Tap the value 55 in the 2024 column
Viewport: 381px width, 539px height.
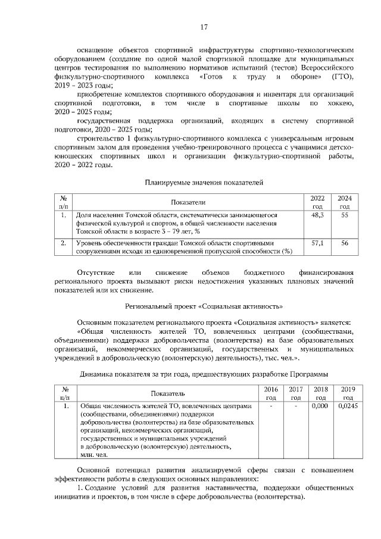point(344,215)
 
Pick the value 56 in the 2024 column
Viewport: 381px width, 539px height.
point(344,243)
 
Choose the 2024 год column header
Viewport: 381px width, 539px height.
point(344,202)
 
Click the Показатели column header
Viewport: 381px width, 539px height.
point(188,202)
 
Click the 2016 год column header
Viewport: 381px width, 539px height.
point(271,393)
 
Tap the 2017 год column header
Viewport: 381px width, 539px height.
point(295,393)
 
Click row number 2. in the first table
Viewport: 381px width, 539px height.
point(63,243)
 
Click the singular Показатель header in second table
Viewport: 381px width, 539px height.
point(167,393)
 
